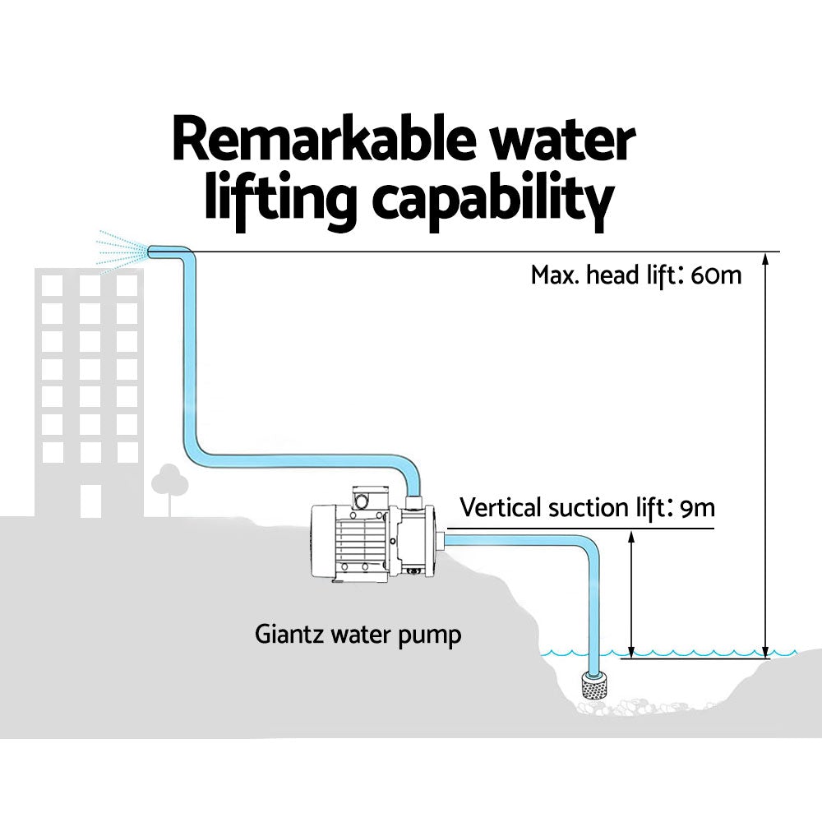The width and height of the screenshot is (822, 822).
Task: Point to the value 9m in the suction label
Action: point(698,508)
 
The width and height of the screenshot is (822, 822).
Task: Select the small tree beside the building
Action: point(169,481)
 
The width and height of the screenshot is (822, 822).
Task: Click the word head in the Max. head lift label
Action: point(608,275)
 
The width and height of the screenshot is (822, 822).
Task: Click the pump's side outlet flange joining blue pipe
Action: point(441,540)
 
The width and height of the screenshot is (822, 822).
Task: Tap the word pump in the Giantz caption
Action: point(433,636)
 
